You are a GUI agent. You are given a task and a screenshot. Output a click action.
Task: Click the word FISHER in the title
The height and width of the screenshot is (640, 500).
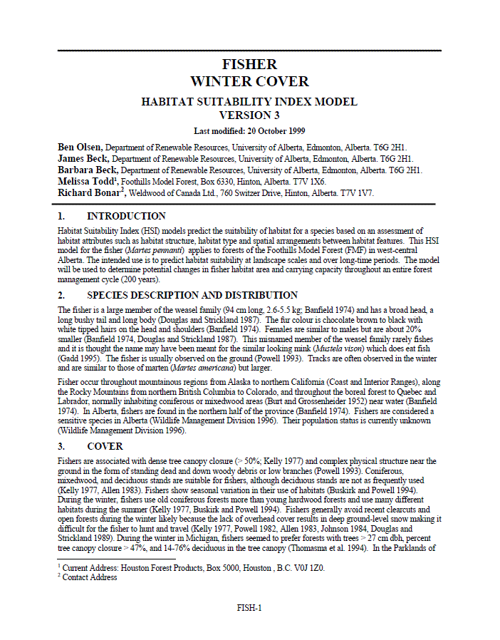[249, 66]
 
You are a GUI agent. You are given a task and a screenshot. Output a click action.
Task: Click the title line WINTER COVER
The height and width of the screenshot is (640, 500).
[249, 82]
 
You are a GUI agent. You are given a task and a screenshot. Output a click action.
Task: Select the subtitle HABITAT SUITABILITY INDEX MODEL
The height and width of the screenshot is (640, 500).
[249, 102]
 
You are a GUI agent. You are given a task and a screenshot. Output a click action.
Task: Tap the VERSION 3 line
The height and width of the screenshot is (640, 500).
[249, 115]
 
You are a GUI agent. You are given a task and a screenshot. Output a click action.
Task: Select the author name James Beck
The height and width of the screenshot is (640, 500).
[83, 159]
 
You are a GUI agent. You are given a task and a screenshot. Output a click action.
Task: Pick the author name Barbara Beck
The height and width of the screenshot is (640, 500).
[85, 170]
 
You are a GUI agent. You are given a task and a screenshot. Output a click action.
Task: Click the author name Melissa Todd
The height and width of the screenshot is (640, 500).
[85, 182]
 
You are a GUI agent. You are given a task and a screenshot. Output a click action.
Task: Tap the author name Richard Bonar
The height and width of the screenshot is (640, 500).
[89, 193]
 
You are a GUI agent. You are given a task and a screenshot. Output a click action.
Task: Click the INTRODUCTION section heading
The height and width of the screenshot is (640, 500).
[126, 216]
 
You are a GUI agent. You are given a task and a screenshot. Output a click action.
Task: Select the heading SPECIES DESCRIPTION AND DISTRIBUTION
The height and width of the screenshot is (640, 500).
[192, 295]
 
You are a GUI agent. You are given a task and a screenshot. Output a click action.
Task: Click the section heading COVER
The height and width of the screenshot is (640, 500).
[105, 447]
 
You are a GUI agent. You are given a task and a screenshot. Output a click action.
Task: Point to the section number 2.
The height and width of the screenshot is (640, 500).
[61, 295]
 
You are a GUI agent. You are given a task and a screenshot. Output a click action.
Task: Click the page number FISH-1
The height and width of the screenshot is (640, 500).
[249, 608]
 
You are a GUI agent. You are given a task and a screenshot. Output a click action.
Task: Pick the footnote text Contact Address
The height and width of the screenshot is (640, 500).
[90, 578]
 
